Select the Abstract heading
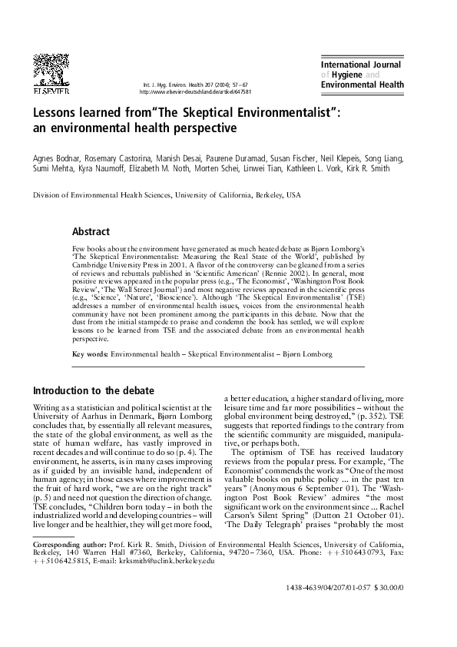pyautogui.click(x=91, y=231)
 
